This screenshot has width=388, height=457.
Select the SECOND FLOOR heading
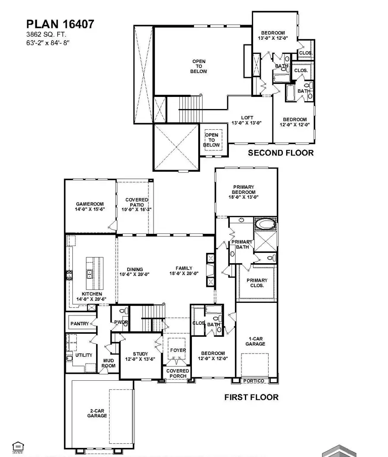[281, 153]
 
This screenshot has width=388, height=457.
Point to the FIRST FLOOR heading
[251, 397]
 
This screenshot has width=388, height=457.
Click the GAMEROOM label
[90, 204]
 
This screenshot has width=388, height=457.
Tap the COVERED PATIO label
[137, 202]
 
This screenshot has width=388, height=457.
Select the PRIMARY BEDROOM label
[244, 190]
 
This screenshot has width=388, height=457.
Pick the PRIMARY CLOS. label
[257, 283]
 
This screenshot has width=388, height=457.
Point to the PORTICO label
[254, 381]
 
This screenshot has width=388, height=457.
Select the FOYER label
[178, 350]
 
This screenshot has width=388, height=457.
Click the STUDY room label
[140, 354]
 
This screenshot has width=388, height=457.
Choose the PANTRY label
[80, 324]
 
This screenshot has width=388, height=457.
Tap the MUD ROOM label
[109, 363]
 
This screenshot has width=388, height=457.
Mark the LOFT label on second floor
[247, 118]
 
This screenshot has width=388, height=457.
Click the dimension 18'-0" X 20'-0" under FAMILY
[184, 274]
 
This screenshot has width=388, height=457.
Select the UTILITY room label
[84, 355]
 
